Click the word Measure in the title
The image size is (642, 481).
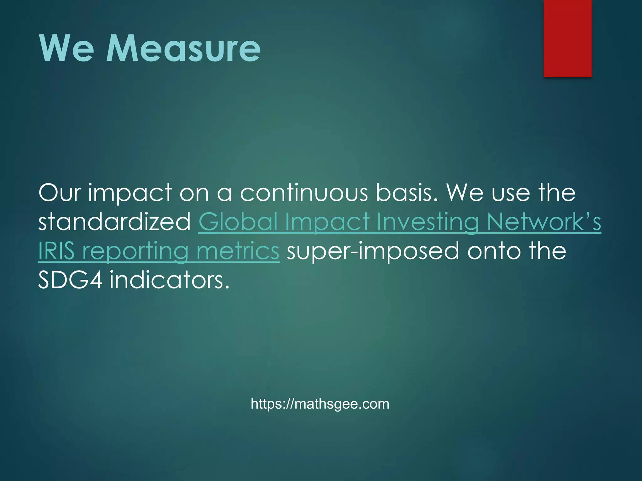(183, 49)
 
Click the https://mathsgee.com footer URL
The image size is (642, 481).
(320, 404)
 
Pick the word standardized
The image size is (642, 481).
(114, 222)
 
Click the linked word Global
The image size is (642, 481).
(238, 222)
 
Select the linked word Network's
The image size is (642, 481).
(544, 222)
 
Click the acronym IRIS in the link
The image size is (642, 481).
(56, 251)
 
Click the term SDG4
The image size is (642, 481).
(70, 280)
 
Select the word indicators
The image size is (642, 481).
(170, 280)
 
